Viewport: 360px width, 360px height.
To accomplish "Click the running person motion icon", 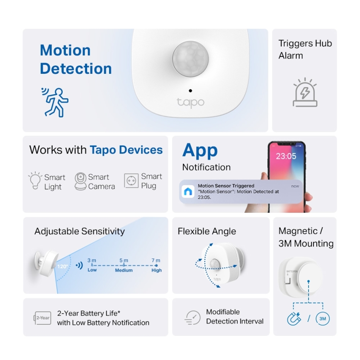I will click(55, 102).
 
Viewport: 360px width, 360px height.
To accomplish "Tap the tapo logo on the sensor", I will click(190, 102).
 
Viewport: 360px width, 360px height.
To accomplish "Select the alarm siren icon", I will click(305, 92).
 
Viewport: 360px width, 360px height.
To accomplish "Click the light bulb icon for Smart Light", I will click(35, 181).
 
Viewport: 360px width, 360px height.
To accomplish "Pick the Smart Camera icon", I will click(80, 181).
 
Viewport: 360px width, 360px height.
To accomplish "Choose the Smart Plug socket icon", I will click(131, 181).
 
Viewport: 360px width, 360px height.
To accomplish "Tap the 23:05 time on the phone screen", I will click(286, 156).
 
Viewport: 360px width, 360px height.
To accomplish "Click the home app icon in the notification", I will click(189, 192).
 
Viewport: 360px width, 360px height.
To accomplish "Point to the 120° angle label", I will click(63, 267).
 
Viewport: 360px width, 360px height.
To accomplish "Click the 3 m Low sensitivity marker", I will click(92, 265).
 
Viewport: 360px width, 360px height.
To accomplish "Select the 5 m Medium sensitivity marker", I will click(124, 265).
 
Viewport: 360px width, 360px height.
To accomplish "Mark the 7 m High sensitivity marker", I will click(156, 265).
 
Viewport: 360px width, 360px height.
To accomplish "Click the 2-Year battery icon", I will click(42, 318).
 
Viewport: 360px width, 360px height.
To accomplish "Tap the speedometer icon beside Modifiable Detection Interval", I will click(192, 318).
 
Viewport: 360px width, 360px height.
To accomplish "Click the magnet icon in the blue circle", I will click(294, 319).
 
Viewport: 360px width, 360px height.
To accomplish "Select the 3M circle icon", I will click(323, 319).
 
